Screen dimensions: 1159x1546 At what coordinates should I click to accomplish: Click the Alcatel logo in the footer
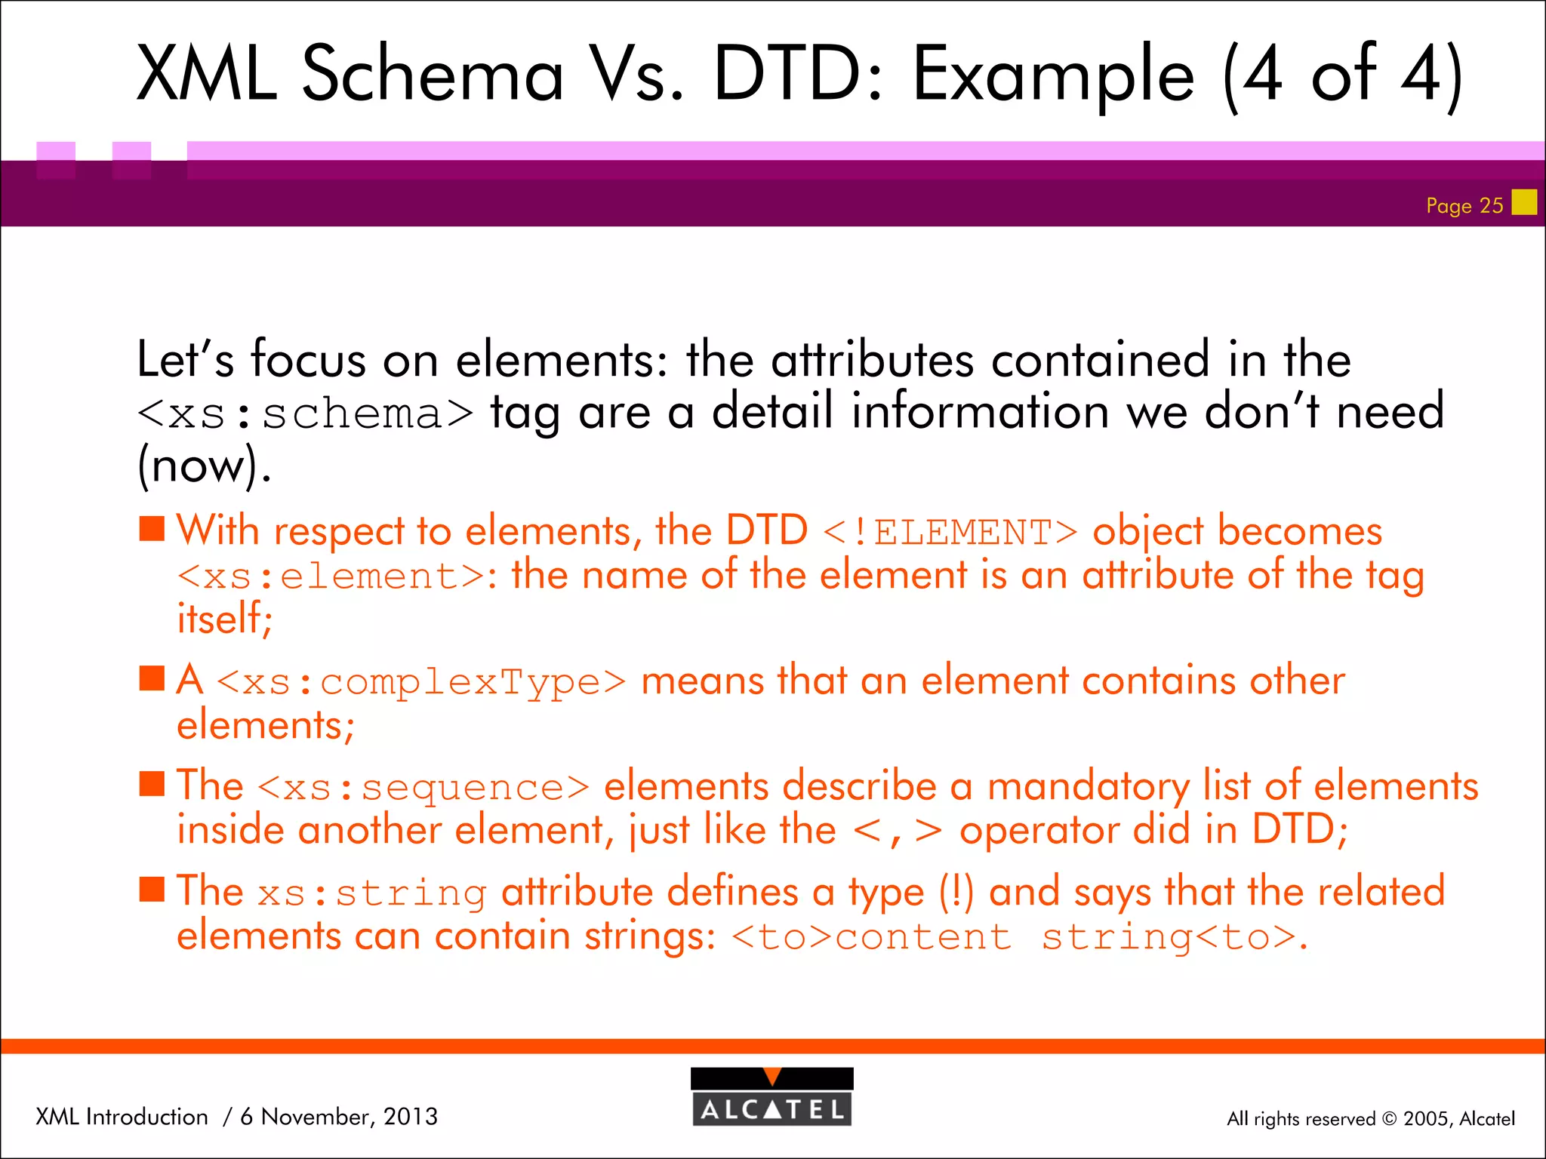pos(771,1097)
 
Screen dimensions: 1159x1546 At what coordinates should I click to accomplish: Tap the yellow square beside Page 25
pos(1524,202)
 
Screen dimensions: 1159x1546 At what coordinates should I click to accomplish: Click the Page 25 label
pos(1464,205)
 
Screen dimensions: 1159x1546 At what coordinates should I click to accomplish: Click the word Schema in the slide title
pos(433,74)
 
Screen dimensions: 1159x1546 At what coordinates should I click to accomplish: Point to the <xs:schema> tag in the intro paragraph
pos(305,414)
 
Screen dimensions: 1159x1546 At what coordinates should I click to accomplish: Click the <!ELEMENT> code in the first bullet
pos(950,532)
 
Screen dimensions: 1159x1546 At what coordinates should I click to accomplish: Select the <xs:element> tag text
pos(331,577)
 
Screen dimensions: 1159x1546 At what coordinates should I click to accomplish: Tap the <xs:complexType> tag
pos(421,682)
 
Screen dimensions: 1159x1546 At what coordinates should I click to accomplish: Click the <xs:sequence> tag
pos(423,788)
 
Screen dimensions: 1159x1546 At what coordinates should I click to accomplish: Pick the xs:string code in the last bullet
pos(371,893)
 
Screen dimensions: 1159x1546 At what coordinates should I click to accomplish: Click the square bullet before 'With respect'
pos(152,529)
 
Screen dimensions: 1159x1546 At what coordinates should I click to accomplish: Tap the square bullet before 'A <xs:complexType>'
pos(152,678)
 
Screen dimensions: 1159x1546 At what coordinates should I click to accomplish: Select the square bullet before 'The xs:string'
pos(152,890)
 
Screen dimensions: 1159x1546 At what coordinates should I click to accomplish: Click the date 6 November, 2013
pos(339,1117)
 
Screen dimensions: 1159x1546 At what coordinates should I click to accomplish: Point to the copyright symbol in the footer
pos(1390,1119)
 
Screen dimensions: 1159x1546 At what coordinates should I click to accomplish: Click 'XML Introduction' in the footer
pos(122,1117)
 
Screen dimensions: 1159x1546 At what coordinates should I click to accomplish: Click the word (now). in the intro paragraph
pos(204,466)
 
